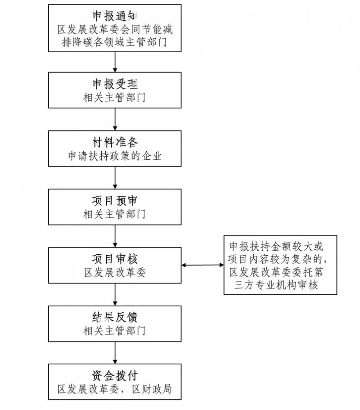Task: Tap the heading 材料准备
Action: point(116,142)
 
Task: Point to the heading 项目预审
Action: point(116,200)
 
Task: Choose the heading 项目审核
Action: point(116,259)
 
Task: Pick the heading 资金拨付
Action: point(116,375)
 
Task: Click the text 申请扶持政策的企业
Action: point(116,156)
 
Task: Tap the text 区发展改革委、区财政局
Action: point(116,389)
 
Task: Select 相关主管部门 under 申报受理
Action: point(116,97)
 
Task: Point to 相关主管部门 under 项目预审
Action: point(116,214)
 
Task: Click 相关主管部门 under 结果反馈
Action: point(116,331)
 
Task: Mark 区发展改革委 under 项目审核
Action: point(116,273)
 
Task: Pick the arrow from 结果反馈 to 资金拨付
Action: point(116,353)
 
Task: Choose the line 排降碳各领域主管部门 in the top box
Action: point(116,43)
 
